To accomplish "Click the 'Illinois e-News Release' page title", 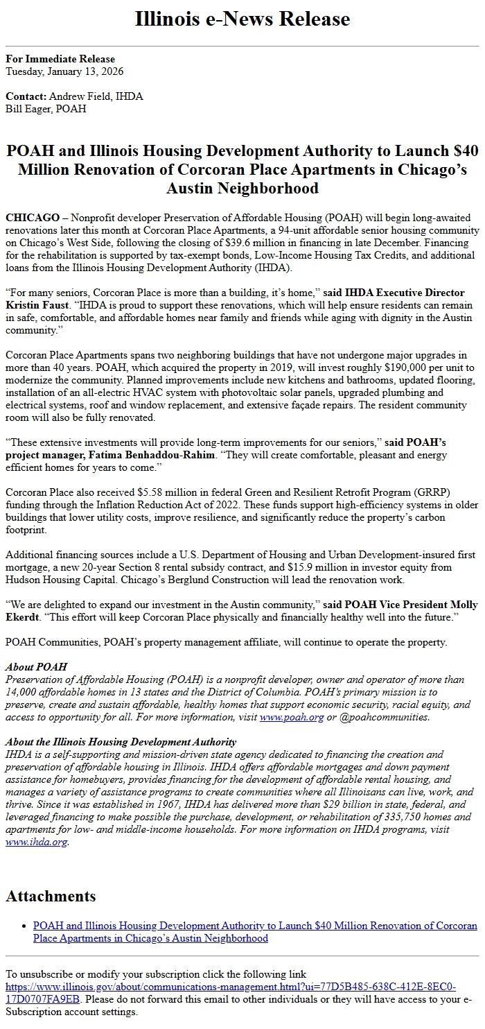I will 242,19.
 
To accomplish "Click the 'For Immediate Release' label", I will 60,59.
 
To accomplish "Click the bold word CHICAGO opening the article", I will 33,218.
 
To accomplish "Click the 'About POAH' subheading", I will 36,667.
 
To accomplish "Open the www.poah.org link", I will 291,717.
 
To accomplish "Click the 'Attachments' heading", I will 51,896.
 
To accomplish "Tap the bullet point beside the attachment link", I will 24,926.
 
